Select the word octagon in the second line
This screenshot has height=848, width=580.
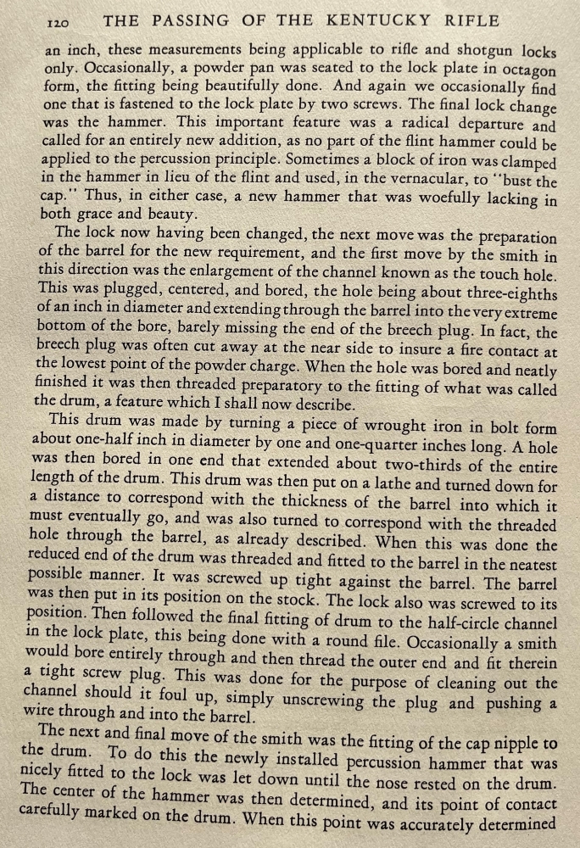tap(528, 70)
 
